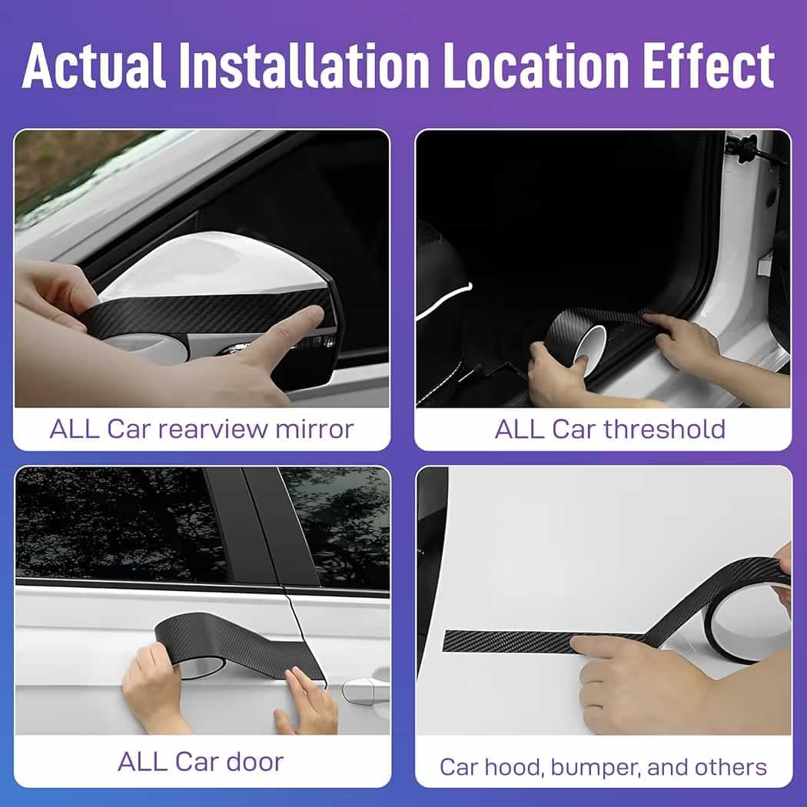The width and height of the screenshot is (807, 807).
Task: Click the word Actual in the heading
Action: pyautogui.click(x=94, y=65)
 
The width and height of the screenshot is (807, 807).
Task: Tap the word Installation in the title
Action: pyautogui.click(x=304, y=65)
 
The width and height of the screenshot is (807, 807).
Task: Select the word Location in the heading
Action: pyautogui.click(x=536, y=65)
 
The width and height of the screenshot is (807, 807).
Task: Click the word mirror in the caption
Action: pyautogui.click(x=315, y=429)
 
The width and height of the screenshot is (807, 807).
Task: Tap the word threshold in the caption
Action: pyautogui.click(x=665, y=429)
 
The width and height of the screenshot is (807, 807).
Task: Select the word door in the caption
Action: pyautogui.click(x=254, y=762)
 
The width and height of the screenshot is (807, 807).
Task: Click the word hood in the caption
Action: pyautogui.click(x=513, y=767)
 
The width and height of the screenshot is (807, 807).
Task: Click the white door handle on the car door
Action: pyautogui.click(x=365, y=689)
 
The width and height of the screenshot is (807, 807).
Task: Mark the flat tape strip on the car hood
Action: pyautogui.click(x=515, y=642)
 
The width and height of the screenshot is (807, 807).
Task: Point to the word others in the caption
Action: pyautogui.click(x=730, y=767)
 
